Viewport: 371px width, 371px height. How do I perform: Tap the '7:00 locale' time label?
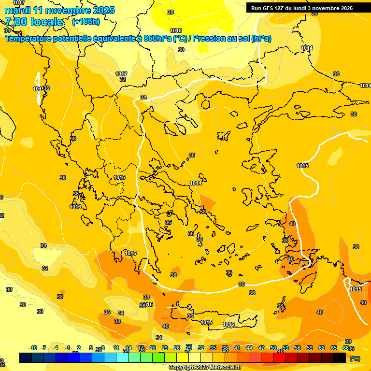pyautogui.click(x=34, y=22)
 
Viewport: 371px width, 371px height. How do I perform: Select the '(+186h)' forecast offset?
pyautogui.click(x=86, y=22)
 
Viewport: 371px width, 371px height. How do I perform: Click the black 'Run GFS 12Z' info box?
pyautogui.click(x=300, y=8)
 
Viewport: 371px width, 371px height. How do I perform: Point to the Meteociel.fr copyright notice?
pyautogui.click(x=204, y=368)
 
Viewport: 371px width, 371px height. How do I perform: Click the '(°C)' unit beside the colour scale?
pyautogui.click(x=355, y=358)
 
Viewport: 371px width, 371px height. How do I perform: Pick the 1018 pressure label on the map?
pyautogui.click(x=176, y=31)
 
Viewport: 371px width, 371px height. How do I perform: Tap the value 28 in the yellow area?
pyautogui.click(x=171, y=12)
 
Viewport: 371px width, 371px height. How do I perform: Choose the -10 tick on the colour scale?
pyautogui.click(x=33, y=348)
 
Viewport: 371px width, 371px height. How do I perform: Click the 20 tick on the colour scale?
pyautogui.click(x=153, y=348)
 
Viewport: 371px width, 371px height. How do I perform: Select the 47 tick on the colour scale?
pyautogui.click(x=261, y=348)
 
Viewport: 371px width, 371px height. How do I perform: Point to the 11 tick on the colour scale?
pyautogui.click(x=116, y=348)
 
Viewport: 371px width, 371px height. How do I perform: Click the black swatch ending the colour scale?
pyautogui.click(x=340, y=357)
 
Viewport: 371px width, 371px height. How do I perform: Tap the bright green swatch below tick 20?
pyautogui.click(x=158, y=357)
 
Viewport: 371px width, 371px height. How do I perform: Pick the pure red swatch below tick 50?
pyautogui.click(x=279, y=357)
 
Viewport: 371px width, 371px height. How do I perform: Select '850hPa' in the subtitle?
pyautogui.click(x=157, y=39)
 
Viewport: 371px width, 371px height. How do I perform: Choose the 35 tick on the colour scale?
pyautogui.click(x=213, y=348)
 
